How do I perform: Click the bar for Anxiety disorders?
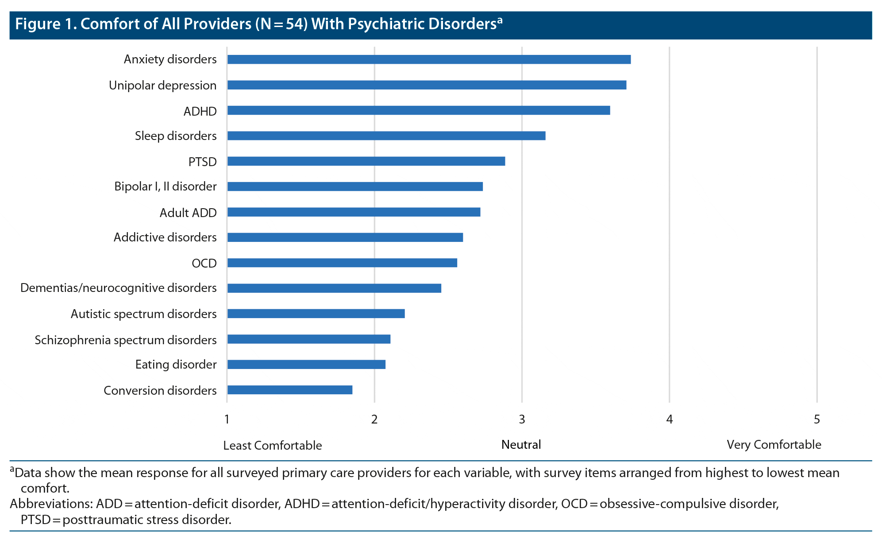tap(428, 59)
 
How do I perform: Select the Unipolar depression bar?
tap(426, 85)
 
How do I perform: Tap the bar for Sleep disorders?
tap(386, 136)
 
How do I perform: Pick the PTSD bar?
tap(366, 161)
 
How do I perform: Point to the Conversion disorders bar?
tap(289, 390)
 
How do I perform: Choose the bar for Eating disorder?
tap(306, 364)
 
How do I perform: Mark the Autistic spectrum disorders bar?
tap(316, 314)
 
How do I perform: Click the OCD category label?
tap(204, 264)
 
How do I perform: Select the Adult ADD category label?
tap(188, 213)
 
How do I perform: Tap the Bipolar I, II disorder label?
tap(166, 187)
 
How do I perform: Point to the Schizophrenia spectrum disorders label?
tap(126, 340)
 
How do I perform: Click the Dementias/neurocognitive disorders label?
tap(119, 288)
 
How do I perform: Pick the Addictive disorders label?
tap(165, 237)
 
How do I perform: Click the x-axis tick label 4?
tap(669, 419)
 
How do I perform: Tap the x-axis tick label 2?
tap(374, 419)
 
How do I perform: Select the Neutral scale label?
tap(521, 445)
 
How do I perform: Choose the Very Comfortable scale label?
tap(774, 445)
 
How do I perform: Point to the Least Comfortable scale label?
tap(272, 446)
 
